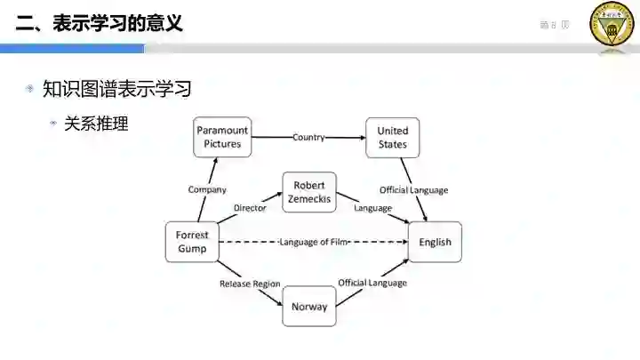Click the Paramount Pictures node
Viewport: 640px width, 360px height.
click(x=222, y=138)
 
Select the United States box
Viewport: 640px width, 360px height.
click(x=392, y=138)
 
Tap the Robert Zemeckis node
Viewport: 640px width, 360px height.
click(x=309, y=192)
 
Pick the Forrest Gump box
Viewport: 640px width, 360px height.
click(x=192, y=242)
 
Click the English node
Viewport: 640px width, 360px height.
click(x=435, y=242)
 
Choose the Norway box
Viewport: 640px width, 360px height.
click(x=309, y=307)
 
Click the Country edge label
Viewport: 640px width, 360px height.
click(x=308, y=138)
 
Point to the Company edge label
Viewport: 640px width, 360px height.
click(x=207, y=189)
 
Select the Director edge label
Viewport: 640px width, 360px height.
click(x=250, y=208)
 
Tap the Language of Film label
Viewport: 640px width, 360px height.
click(x=313, y=242)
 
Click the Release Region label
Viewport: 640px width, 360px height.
click(x=250, y=284)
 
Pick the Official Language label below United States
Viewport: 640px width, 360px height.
click(x=413, y=190)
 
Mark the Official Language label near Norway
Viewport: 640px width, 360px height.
click(x=372, y=283)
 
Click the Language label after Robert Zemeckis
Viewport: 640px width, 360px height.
click(x=372, y=208)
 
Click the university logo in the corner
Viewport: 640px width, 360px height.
click(x=612, y=24)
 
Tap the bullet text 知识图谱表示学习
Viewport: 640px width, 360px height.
click(x=116, y=89)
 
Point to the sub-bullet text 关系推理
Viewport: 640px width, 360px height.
click(x=96, y=124)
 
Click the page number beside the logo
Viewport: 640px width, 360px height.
click(x=554, y=25)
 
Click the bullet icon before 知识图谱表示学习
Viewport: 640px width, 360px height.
click(x=30, y=89)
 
